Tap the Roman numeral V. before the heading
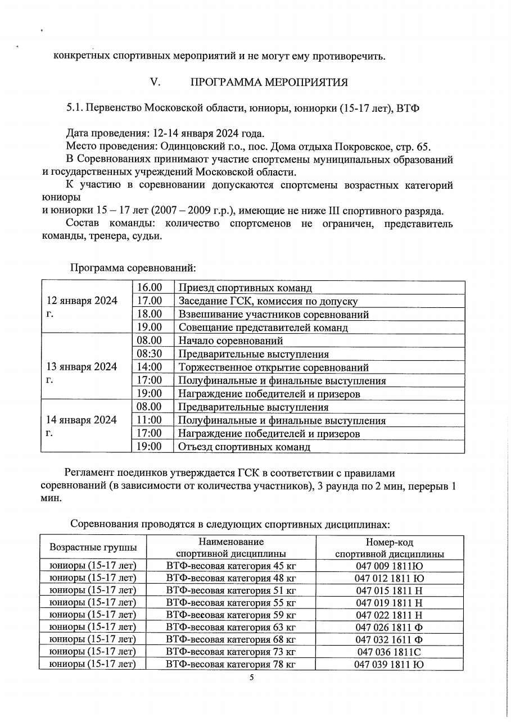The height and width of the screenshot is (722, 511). pos(156,83)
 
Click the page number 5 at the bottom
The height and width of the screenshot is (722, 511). pos(252,678)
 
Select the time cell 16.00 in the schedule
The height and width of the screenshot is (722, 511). pos(150,288)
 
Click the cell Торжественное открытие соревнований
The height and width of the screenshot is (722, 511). pos(273,368)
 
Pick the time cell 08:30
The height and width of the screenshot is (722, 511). pos(150,354)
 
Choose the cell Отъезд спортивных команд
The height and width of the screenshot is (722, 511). pos(244,447)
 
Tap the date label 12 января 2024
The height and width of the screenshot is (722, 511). pos(82,301)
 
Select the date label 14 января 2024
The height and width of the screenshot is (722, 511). pos(82,420)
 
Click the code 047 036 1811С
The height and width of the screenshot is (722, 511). pos(389,652)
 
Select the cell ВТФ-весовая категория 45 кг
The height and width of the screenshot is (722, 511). pos(230,565)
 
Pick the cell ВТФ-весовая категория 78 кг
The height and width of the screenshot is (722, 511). pos(230,665)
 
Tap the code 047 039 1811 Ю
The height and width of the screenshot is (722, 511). pos(389,665)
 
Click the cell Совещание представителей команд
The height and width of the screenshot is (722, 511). pos(263,328)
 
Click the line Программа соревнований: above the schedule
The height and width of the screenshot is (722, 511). pos(133,267)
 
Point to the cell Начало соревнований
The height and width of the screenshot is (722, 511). pos(230,340)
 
